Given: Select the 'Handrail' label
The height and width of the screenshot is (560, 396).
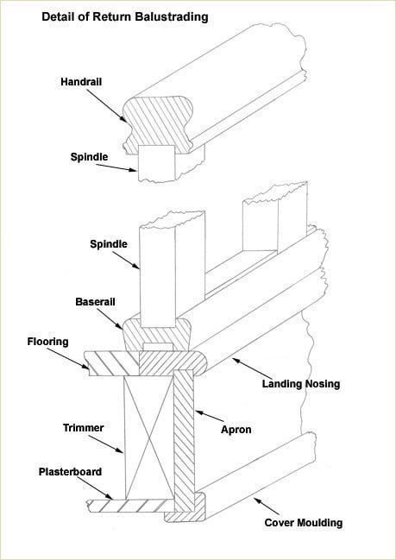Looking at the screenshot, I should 82,82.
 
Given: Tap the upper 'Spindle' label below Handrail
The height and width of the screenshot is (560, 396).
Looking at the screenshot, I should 89,157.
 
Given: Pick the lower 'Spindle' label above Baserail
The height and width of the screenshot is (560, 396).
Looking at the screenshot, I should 109,244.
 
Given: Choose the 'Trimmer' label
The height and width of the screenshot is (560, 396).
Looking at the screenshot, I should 83,427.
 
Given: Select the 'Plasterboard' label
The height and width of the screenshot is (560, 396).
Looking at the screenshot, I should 71,472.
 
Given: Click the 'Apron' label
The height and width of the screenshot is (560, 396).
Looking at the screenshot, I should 237,429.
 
